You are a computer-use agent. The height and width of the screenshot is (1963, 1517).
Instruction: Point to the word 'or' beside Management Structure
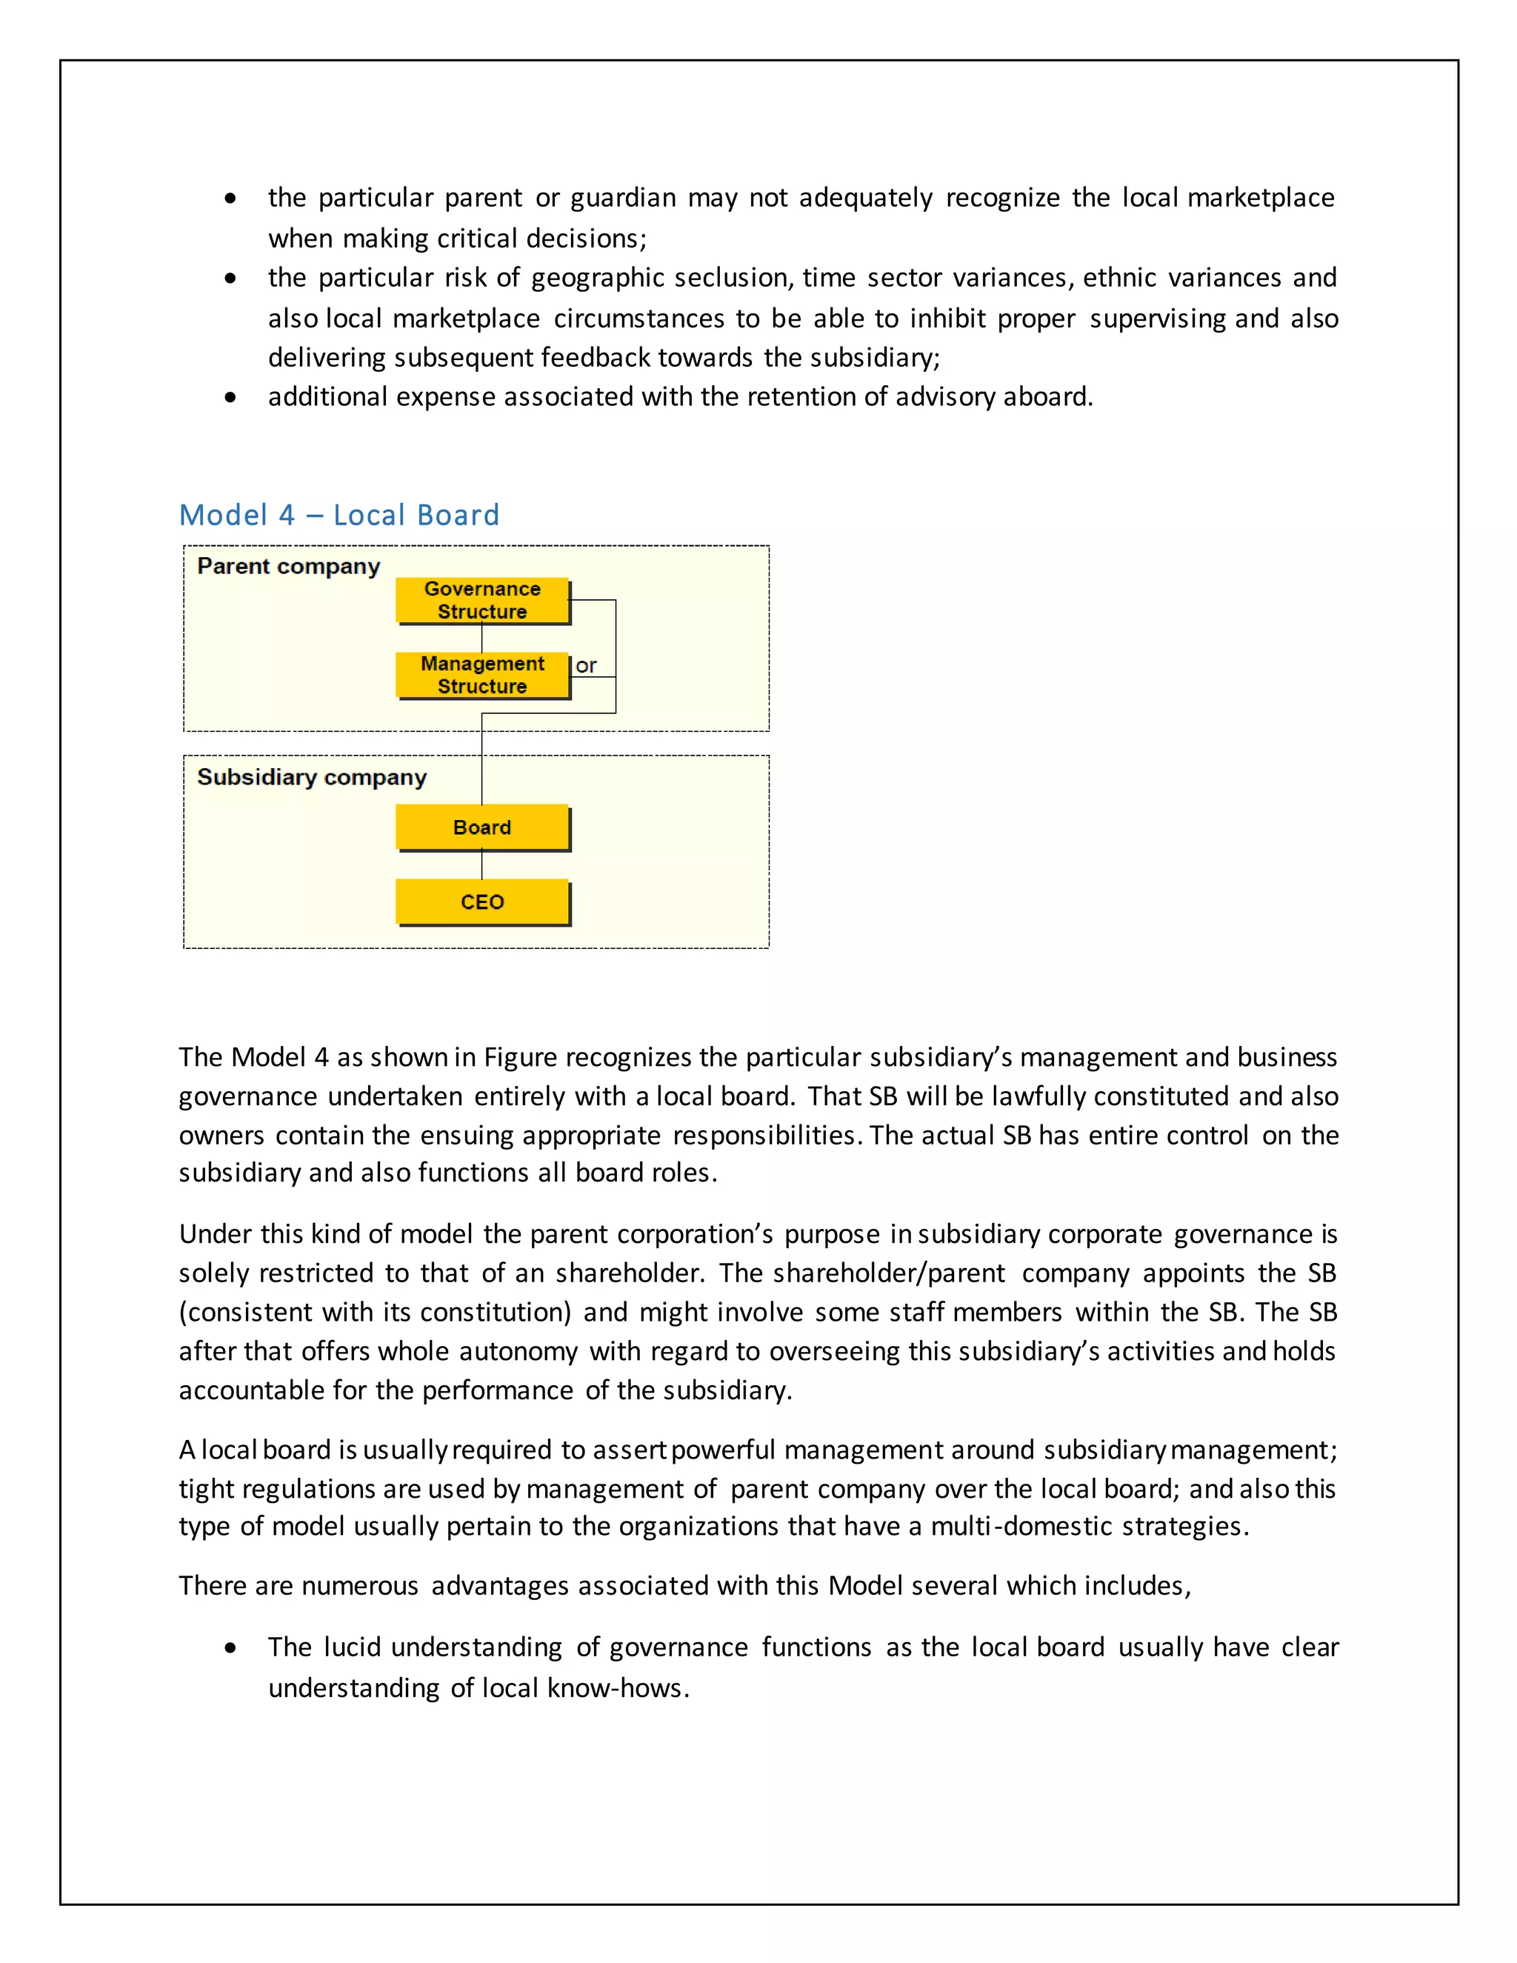pos(586,666)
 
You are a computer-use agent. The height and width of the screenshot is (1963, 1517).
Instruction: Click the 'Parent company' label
pos(288,566)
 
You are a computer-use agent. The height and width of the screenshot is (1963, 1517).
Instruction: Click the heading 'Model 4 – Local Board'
pos(339,515)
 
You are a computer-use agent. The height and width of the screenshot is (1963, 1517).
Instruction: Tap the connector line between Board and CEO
pos(481,864)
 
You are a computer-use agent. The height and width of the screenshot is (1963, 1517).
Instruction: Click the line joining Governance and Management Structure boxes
pos(481,638)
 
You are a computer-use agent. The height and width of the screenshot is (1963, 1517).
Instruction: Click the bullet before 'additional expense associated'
pos(231,397)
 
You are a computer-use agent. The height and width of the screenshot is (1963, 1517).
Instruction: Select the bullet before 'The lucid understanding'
pos(231,1647)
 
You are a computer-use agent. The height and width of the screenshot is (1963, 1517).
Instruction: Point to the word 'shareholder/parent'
pos(888,1273)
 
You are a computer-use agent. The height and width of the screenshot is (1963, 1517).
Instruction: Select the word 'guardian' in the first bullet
pos(623,198)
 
